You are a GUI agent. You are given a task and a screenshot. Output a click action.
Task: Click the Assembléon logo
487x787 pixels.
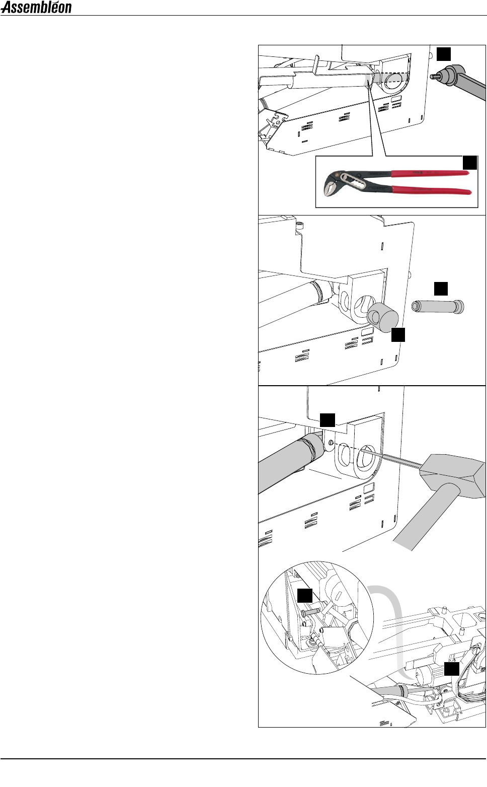[36, 8]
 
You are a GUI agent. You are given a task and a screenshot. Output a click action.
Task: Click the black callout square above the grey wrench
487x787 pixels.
[443, 54]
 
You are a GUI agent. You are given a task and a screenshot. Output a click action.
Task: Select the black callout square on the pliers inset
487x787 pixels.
[470, 163]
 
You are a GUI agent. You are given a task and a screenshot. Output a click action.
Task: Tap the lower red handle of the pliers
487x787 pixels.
[432, 190]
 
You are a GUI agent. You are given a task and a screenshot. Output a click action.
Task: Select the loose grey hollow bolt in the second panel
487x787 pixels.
[438, 307]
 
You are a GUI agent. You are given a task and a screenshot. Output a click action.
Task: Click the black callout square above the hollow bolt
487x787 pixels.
[441, 289]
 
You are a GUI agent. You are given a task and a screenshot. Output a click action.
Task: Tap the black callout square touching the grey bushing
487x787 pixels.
[398, 335]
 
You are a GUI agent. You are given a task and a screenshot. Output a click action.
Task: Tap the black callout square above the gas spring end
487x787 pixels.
[327, 420]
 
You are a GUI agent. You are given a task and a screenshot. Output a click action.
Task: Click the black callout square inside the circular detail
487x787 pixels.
[305, 596]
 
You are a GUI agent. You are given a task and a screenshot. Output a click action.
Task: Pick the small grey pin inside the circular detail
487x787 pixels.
[310, 612]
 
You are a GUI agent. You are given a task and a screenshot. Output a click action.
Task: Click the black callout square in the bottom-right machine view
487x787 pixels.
[452, 669]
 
